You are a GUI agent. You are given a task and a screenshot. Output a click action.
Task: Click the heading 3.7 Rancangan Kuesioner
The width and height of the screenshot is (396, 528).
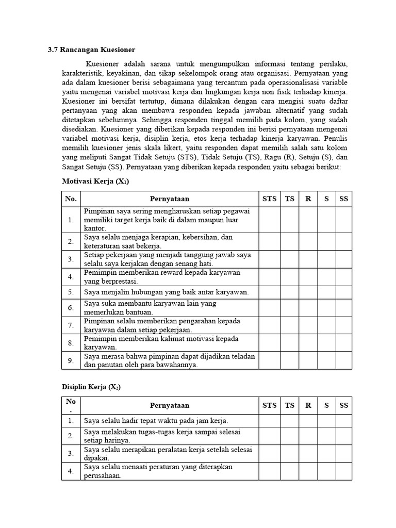(91, 50)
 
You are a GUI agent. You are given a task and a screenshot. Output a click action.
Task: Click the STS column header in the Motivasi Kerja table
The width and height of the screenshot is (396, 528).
(269, 199)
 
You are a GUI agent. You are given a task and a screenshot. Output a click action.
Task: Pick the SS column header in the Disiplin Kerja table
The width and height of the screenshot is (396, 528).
(343, 405)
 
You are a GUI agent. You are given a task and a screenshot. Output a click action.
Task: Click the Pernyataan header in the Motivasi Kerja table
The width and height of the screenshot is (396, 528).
(170, 199)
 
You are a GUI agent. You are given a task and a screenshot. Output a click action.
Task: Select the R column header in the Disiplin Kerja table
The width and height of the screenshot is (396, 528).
(308, 405)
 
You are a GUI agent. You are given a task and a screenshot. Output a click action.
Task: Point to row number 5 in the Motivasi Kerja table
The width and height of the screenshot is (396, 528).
(71, 292)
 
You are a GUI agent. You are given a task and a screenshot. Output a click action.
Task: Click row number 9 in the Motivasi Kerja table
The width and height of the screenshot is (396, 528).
(71, 360)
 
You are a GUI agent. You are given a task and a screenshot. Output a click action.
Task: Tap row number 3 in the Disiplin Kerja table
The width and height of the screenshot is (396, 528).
(71, 453)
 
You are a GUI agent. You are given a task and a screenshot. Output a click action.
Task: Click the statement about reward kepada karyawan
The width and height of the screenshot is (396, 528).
(162, 277)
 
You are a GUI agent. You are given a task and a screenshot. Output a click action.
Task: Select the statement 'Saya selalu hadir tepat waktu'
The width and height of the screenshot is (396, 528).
(156, 421)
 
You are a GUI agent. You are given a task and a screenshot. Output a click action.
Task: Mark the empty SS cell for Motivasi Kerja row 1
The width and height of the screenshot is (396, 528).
(343, 220)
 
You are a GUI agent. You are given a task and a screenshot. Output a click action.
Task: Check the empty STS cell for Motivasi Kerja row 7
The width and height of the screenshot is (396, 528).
(269, 325)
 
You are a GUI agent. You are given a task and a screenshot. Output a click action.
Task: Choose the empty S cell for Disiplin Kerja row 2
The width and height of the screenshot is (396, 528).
(326, 436)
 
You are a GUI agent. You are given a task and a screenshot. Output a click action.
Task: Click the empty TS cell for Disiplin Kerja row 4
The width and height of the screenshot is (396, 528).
(289, 471)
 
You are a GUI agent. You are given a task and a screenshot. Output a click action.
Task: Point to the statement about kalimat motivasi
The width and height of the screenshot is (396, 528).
(162, 343)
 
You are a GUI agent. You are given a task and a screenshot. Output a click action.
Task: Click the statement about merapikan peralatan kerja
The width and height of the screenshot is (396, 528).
(168, 453)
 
